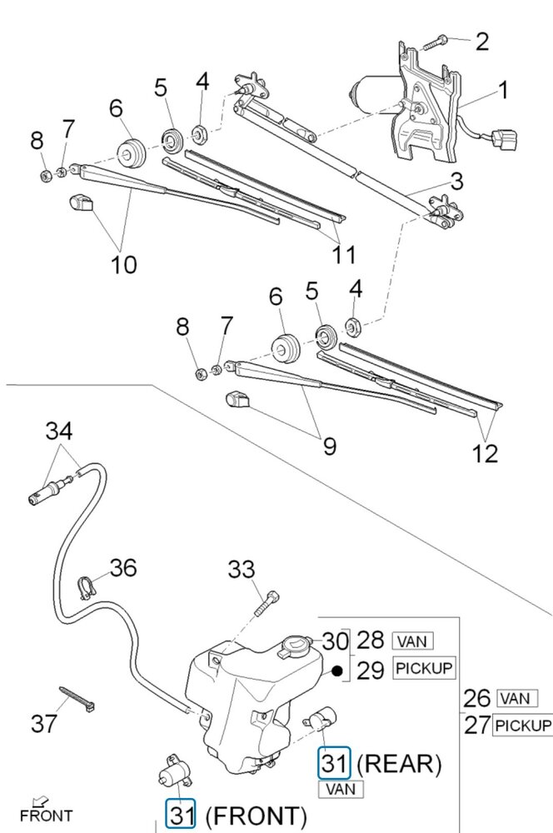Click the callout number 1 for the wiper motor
click(x=502, y=90)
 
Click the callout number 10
click(x=123, y=264)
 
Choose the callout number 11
click(x=343, y=254)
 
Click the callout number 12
click(x=485, y=453)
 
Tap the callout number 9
click(x=329, y=446)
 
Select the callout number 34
click(x=59, y=431)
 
